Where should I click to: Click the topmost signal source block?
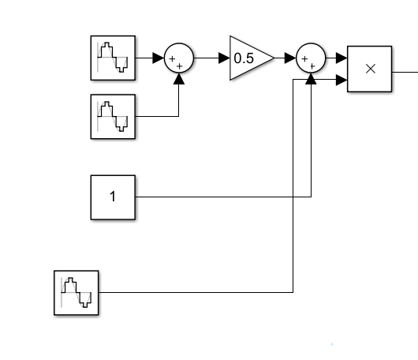pyautogui.click(x=113, y=58)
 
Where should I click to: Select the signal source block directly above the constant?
pyautogui.click(x=113, y=117)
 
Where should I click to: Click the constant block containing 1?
pyautogui.click(x=113, y=197)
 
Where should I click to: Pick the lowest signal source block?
pyautogui.click(x=77, y=293)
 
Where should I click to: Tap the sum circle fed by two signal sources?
pyautogui.click(x=178, y=58)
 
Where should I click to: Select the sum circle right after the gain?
pyautogui.click(x=312, y=58)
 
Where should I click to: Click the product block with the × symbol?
pyautogui.click(x=370, y=68)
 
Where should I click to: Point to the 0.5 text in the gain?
pyautogui.click(x=244, y=58)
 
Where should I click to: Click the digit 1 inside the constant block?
pyautogui.click(x=113, y=197)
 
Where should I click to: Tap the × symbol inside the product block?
pyautogui.click(x=370, y=68)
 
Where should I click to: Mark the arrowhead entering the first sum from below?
pyautogui.click(x=178, y=77)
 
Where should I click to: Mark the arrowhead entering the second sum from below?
pyautogui.click(x=312, y=77)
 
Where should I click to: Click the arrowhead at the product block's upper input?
pyautogui.click(x=341, y=58)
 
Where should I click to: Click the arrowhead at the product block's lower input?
pyautogui.click(x=341, y=79)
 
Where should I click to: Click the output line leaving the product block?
pyautogui.click(x=405, y=69)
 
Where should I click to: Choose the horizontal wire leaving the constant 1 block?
pyautogui.click(x=221, y=197)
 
